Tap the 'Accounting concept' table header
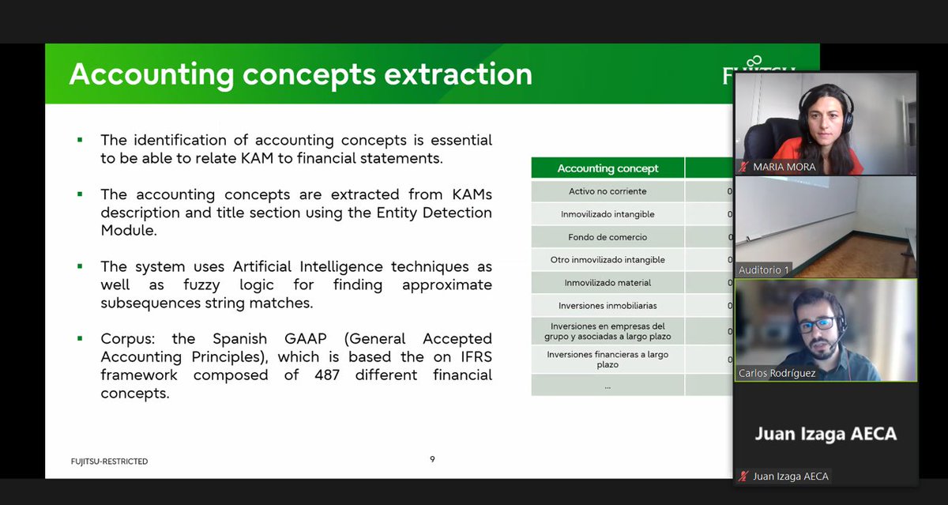[x=608, y=168]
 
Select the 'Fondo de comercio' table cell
[x=607, y=237]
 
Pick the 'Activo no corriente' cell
[x=607, y=191]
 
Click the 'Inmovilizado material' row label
[x=607, y=283]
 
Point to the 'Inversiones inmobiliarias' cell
[x=607, y=306]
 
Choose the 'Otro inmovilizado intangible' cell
[x=607, y=260]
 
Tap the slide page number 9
[x=432, y=459]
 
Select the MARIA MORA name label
[x=784, y=167]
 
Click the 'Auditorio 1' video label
[x=763, y=269]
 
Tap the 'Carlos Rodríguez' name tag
[x=776, y=373]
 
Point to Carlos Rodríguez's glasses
[x=816, y=323]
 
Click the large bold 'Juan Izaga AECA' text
[x=826, y=434]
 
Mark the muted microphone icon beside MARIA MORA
[x=743, y=167]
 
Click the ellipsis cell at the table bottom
[x=607, y=386]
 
